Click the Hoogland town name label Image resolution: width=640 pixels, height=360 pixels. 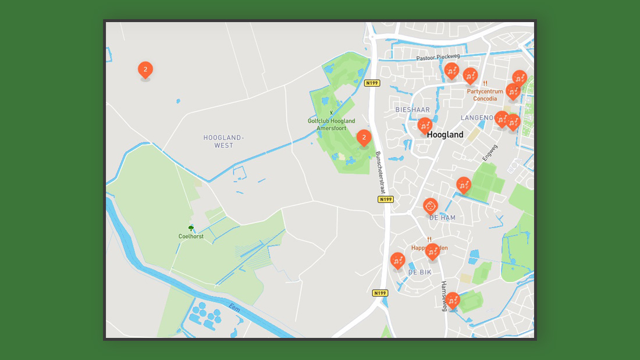[x=445, y=135]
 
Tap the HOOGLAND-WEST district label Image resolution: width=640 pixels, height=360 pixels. [x=223, y=141]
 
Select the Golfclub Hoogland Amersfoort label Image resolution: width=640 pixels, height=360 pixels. [x=331, y=124]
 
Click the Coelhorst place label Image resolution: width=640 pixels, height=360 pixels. [x=191, y=237]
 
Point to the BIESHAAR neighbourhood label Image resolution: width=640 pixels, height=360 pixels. [x=413, y=109]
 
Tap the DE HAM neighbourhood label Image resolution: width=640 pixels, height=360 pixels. [x=442, y=218]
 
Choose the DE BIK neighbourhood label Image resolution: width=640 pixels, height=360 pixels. [x=419, y=272]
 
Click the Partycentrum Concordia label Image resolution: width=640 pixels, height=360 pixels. [x=485, y=95]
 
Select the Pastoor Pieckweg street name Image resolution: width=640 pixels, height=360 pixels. [x=438, y=58]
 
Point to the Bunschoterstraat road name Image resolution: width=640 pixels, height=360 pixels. [x=379, y=173]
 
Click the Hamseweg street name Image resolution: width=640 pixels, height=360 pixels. [x=444, y=296]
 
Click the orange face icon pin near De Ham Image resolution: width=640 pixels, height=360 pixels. [x=431, y=206]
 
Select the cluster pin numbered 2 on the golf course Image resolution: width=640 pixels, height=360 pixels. [x=364, y=138]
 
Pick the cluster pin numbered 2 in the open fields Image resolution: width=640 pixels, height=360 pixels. [x=145, y=70]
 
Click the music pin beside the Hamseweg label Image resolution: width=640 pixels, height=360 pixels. [x=453, y=300]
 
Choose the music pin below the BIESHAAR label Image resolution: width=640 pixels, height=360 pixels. [x=425, y=125]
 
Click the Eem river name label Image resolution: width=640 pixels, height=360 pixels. [x=234, y=308]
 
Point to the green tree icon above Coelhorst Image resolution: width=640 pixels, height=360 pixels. [x=191, y=227]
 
